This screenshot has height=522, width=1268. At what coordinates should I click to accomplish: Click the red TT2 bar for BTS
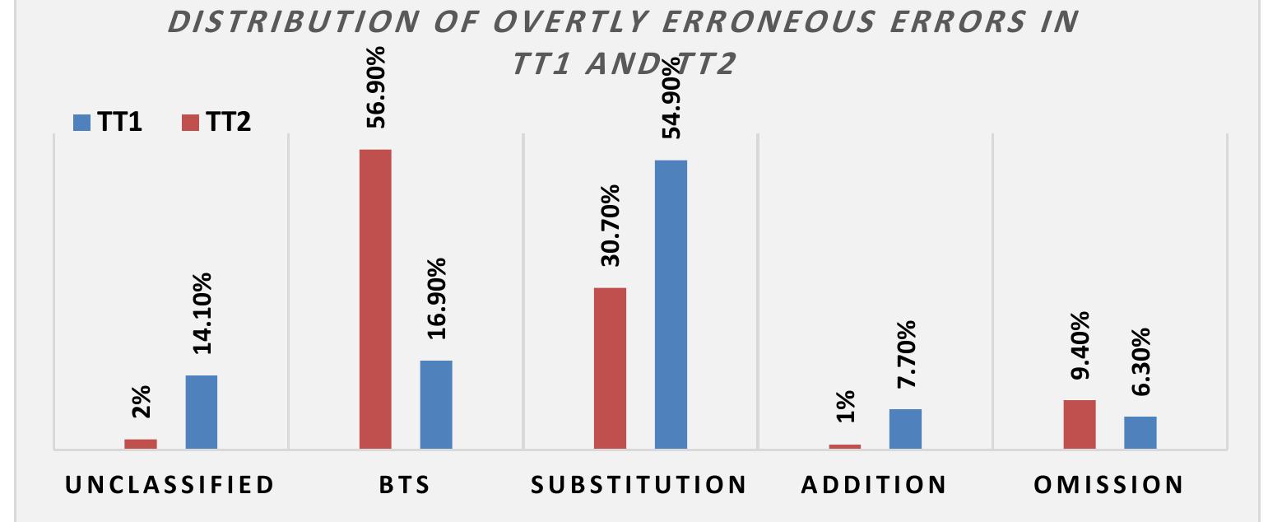(x=374, y=299)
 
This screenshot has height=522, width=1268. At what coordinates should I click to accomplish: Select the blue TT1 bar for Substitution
(x=671, y=305)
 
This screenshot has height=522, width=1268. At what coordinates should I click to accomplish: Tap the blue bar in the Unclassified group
(x=202, y=412)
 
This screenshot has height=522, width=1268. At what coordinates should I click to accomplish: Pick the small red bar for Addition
(x=845, y=446)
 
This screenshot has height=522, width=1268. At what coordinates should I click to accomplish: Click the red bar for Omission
(x=1080, y=424)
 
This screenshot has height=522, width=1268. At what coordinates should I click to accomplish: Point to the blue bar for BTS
(x=436, y=404)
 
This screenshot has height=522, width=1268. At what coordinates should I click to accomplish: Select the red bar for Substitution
(x=610, y=368)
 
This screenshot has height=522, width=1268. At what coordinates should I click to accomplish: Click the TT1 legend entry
(x=107, y=123)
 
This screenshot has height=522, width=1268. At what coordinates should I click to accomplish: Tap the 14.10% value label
(x=202, y=313)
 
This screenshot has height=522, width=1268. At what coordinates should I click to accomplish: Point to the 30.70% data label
(x=611, y=225)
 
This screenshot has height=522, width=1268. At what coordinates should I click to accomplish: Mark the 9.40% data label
(x=1080, y=345)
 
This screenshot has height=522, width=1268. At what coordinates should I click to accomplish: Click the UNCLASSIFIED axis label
(x=170, y=484)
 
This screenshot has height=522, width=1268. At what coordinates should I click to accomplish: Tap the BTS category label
(x=405, y=484)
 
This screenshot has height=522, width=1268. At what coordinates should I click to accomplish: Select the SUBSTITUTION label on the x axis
(x=639, y=484)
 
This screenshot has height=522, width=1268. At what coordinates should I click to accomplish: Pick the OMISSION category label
(x=1109, y=484)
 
